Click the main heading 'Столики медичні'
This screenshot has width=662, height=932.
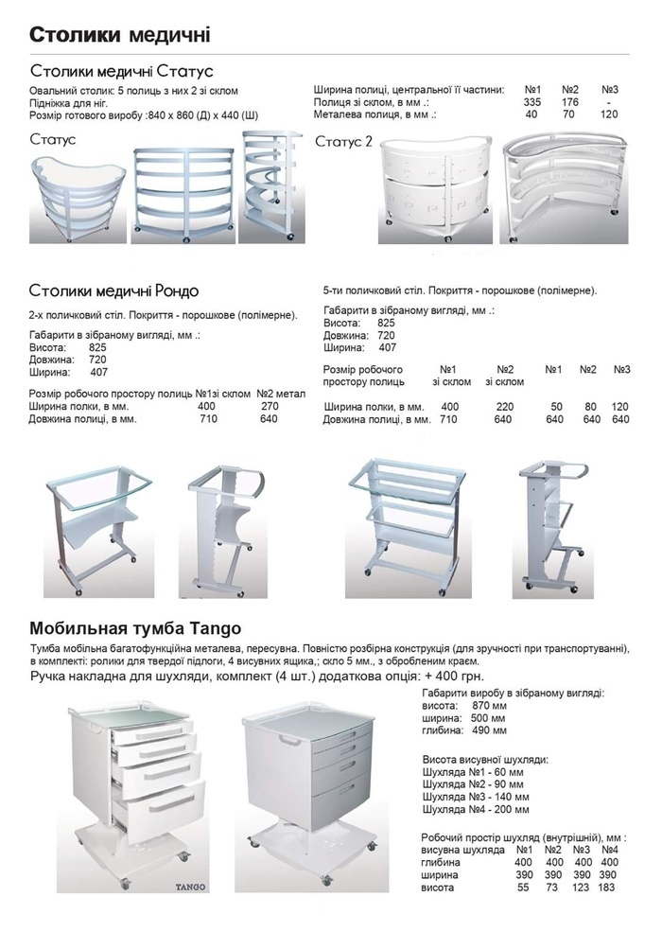point(118,35)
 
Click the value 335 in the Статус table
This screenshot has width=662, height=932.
point(532,101)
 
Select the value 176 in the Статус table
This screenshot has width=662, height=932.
point(569,101)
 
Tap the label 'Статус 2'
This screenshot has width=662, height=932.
point(344,141)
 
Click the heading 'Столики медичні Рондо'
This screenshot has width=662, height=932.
point(113,289)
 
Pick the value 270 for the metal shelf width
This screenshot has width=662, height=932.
point(270,406)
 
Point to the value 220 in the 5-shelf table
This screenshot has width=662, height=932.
point(504,406)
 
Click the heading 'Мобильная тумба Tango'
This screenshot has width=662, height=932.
point(136,627)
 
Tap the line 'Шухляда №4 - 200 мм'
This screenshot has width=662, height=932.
point(474,809)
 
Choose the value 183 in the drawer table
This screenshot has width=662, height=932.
point(607,887)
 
